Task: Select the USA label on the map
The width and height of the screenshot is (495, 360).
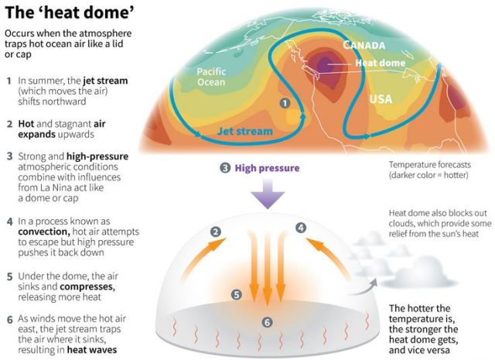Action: (380, 100)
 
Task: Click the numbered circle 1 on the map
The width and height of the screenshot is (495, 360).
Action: (285, 102)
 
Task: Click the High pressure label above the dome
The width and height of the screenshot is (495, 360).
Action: (265, 168)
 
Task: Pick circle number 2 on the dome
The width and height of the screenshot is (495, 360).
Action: (217, 231)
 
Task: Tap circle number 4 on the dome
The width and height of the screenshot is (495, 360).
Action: (301, 228)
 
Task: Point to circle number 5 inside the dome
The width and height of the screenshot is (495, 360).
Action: (237, 294)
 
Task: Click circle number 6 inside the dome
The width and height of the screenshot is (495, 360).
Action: (267, 321)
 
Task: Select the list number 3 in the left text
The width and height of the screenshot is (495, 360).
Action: (9, 156)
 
